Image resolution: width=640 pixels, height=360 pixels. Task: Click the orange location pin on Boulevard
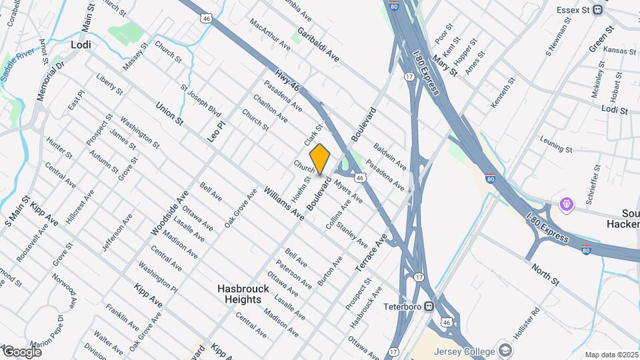320,159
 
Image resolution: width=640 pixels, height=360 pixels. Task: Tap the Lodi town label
80,45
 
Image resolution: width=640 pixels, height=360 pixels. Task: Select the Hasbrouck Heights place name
239,295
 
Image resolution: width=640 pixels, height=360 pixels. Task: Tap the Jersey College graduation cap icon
505,351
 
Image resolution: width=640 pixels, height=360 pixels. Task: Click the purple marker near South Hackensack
567,204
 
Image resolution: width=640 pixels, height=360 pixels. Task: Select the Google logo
22,351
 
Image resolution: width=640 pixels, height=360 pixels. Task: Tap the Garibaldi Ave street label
318,45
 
